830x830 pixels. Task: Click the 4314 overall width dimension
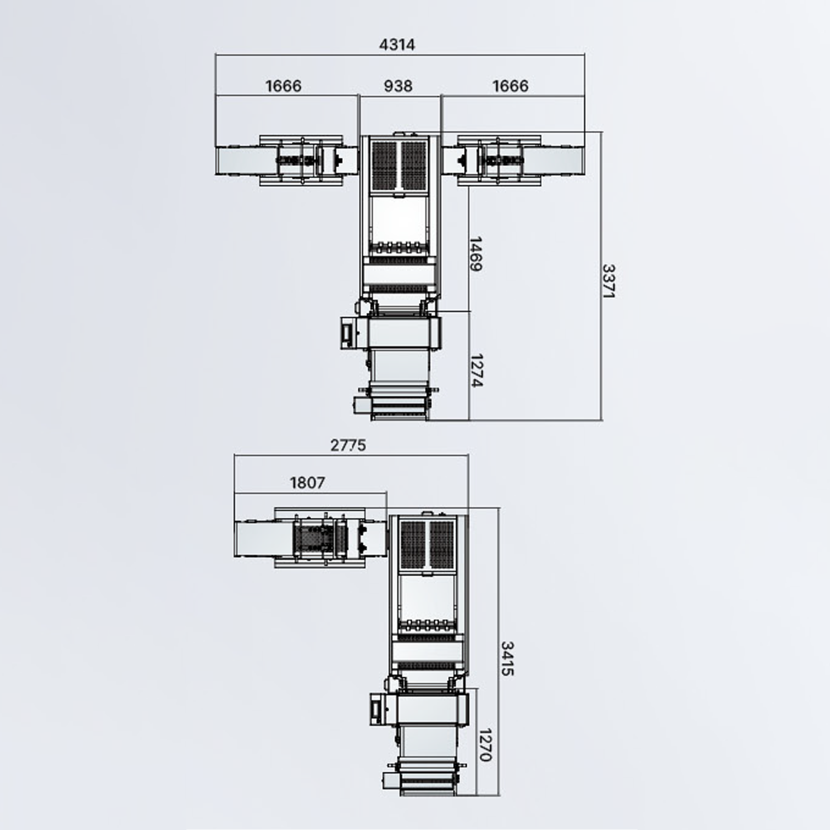pos(397,45)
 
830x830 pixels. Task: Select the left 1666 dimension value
pos(283,86)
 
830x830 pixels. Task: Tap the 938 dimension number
pos(398,86)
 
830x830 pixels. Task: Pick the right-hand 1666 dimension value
pos(510,86)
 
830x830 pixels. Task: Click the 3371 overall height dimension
pos(609,281)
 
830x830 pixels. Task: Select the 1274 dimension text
pos(477,370)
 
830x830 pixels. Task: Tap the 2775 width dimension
pos(348,445)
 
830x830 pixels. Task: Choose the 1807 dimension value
pos(308,483)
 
